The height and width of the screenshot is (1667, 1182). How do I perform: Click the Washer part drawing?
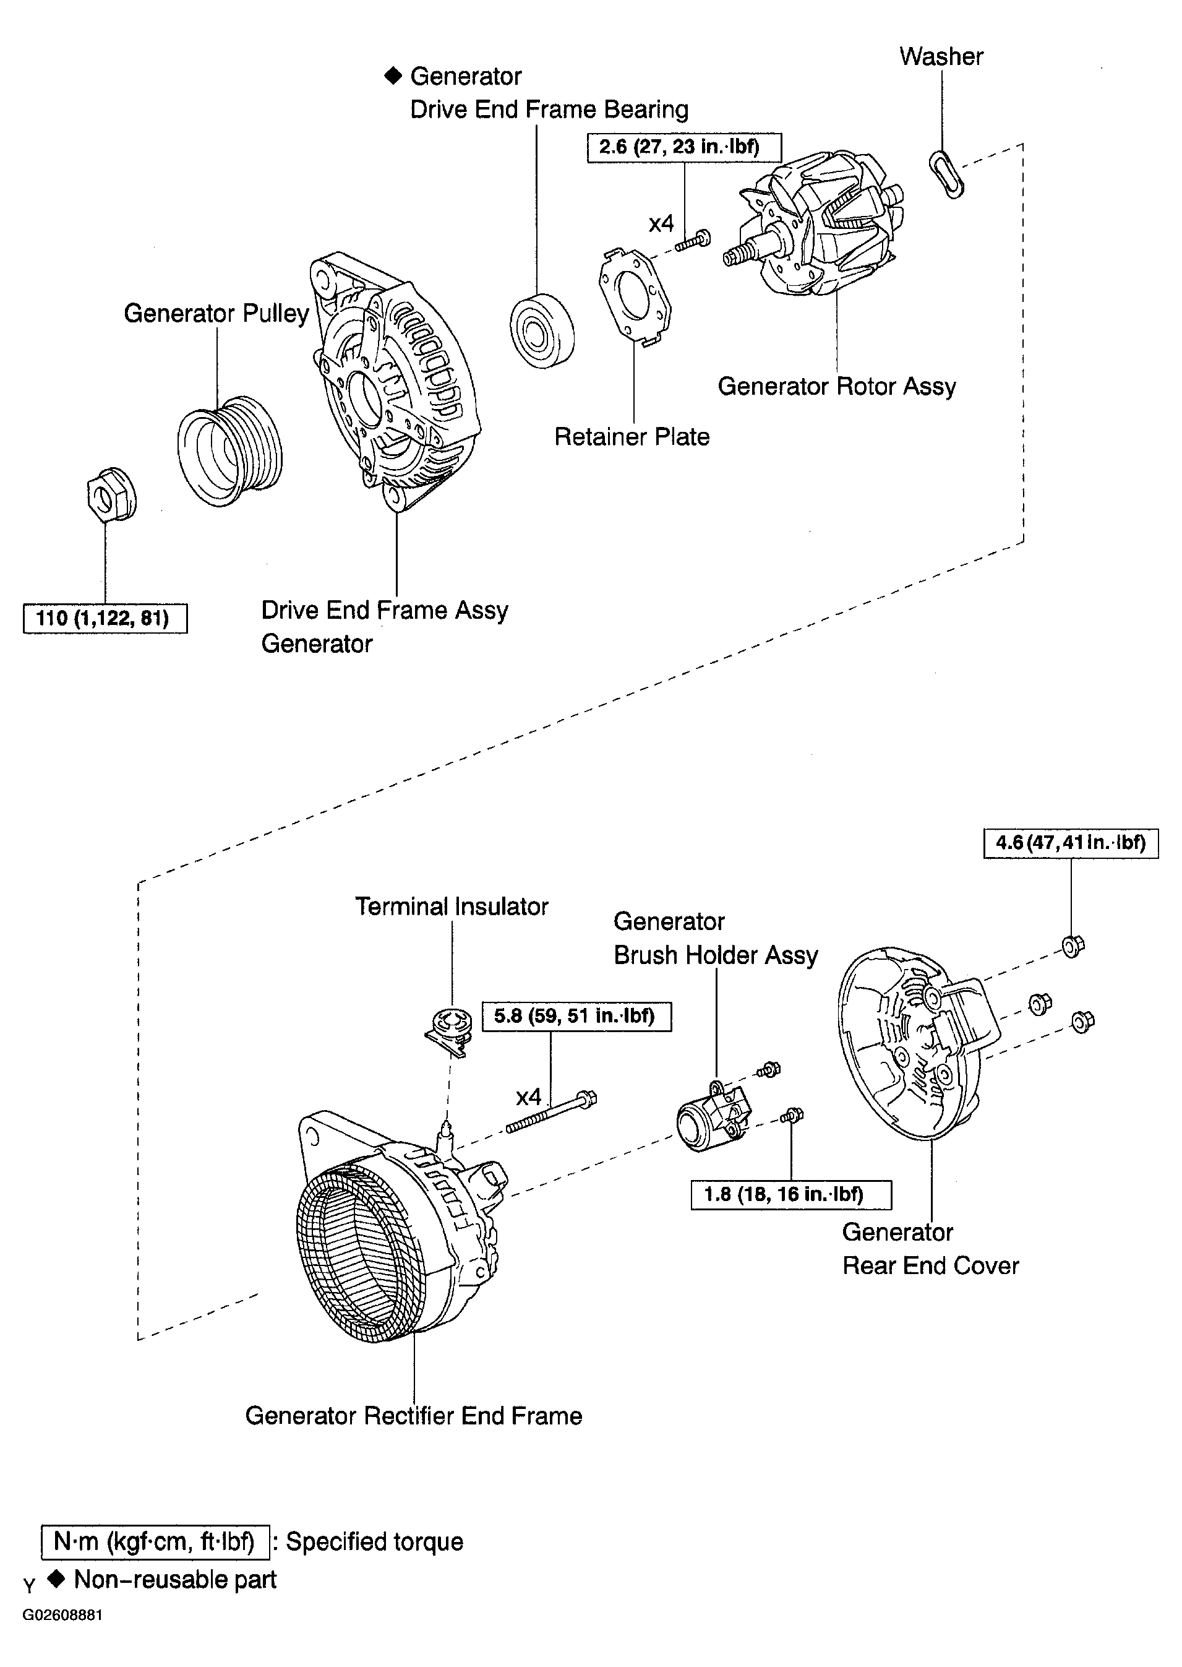pyautogui.click(x=946, y=174)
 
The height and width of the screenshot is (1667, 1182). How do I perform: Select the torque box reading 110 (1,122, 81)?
pyautogui.click(x=105, y=619)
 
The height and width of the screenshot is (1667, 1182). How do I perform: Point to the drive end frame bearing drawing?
pyautogui.click(x=541, y=331)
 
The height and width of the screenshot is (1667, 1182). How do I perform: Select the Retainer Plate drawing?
pyautogui.click(x=635, y=295)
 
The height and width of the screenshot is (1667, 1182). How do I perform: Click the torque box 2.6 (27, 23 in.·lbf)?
pyautogui.click(x=683, y=148)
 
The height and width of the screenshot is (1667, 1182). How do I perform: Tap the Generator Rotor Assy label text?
pyautogui.click(x=836, y=387)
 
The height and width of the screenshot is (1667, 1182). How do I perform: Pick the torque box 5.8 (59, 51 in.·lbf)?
pyautogui.click(x=576, y=1016)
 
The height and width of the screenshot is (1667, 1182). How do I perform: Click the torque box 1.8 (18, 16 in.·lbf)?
pyautogui.click(x=790, y=1195)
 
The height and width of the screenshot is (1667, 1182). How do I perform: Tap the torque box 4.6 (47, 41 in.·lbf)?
pyautogui.click(x=1070, y=843)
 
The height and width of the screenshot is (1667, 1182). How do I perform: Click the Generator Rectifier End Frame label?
pyautogui.click(x=413, y=1416)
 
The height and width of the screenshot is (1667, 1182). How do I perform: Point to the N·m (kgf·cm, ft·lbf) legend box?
pyautogui.click(x=155, y=1542)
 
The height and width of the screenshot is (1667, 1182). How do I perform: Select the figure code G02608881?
pyautogui.click(x=62, y=1614)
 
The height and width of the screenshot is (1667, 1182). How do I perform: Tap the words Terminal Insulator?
pyautogui.click(x=452, y=907)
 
